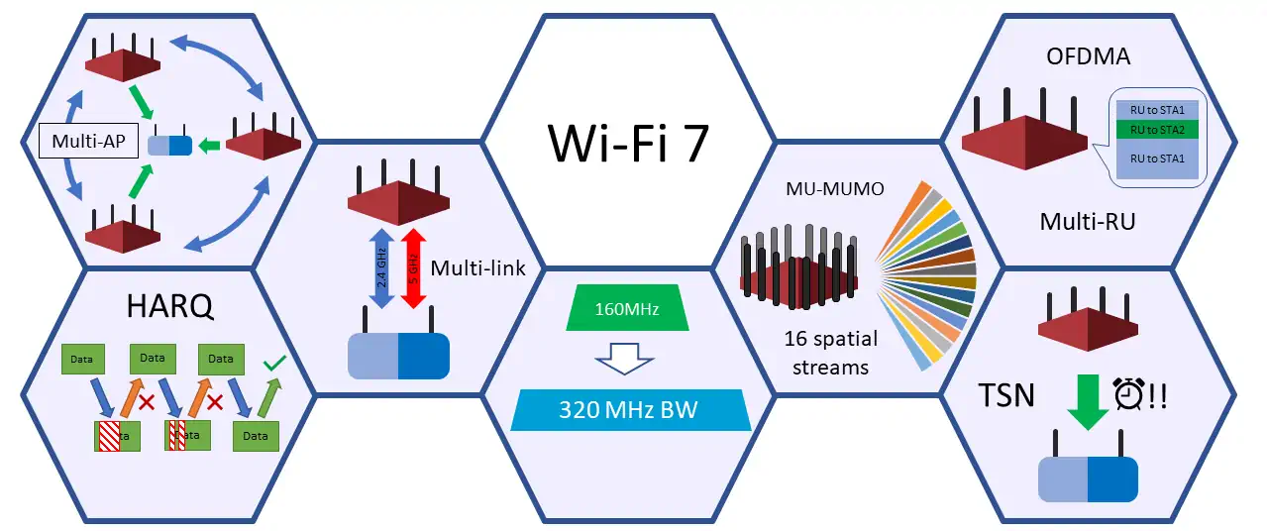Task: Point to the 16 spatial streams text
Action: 829,353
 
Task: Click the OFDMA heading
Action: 1088,56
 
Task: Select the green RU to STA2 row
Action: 1157,128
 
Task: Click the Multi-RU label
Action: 1087,221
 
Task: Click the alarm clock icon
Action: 1127,392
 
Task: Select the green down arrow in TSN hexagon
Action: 1087,397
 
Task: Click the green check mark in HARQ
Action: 274,366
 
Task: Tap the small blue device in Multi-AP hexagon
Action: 169,146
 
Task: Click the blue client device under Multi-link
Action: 398,356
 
